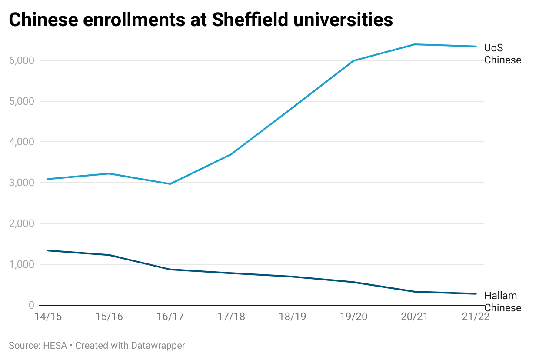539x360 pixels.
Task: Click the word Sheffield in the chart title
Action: pos(250,19)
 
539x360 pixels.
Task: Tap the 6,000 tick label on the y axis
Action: pos(22,60)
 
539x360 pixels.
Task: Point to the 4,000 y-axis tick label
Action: pos(22,142)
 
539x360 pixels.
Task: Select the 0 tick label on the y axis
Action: pos(32,305)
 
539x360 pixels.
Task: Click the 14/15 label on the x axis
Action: pos(48,317)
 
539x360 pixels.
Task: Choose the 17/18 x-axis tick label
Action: pos(231,317)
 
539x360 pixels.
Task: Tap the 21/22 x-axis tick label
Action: pos(476,317)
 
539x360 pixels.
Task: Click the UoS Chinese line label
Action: pos(502,54)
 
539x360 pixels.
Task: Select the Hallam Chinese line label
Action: pos(502,302)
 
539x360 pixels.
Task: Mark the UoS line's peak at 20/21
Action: pos(415,44)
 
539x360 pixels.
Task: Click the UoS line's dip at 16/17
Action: pos(170,184)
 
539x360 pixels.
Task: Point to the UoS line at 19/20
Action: pos(354,60)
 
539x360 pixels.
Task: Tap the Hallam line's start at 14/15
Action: pos(48,250)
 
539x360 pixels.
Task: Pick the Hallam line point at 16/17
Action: pos(170,270)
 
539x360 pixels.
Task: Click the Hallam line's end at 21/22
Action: pos(476,294)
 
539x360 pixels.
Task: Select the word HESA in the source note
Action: pos(55,346)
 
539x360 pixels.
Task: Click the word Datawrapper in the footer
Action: pos(158,346)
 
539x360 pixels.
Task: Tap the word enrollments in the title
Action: pos(134,19)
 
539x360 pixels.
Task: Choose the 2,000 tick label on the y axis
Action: pos(22,223)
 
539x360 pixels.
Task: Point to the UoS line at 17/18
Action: pos(231,154)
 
